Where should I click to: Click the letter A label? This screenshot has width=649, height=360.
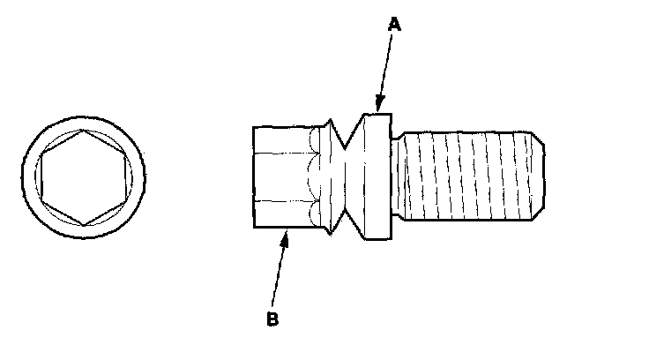coord(395,26)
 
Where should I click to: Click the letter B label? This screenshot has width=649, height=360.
coord(272,319)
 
